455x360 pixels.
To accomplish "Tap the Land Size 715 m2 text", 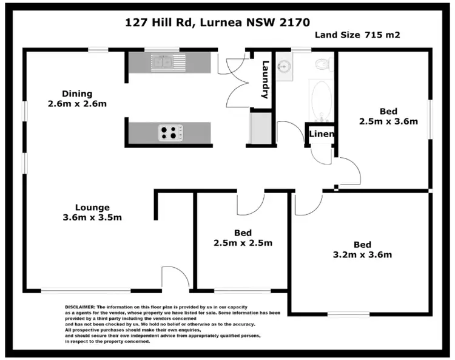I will pyautogui.click(x=357, y=35).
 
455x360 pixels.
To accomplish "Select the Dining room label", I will pyautogui.click(x=77, y=93).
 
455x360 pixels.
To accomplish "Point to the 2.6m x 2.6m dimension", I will pyautogui.click(x=77, y=104).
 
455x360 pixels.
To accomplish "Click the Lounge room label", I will pyautogui.click(x=92, y=206).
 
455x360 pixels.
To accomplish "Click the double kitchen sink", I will pyautogui.click(x=162, y=61).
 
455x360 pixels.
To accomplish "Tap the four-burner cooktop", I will pyautogui.click(x=170, y=132).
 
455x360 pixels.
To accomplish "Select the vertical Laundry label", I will pyautogui.click(x=265, y=80).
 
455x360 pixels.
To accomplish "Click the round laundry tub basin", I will pyautogui.click(x=284, y=66).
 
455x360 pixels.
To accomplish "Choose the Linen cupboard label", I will pyautogui.click(x=322, y=134).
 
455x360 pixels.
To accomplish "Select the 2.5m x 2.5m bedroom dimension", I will pyautogui.click(x=243, y=243).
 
